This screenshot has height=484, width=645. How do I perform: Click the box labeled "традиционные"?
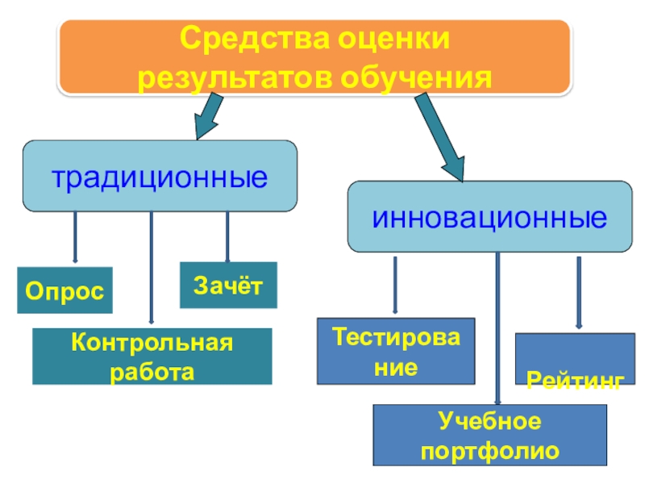(x=160, y=176)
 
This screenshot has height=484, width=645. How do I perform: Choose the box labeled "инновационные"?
(x=489, y=217)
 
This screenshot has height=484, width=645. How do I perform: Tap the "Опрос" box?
(x=64, y=290)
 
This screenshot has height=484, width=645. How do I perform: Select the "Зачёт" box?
(x=228, y=285)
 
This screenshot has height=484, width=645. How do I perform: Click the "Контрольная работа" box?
(x=152, y=356)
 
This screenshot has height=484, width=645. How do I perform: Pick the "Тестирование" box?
(x=395, y=351)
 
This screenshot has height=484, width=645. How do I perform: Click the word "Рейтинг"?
(x=575, y=379)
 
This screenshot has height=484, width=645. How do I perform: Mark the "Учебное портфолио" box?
(x=489, y=436)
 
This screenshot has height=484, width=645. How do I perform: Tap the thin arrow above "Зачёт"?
(x=227, y=236)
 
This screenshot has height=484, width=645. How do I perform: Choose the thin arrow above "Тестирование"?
(x=395, y=285)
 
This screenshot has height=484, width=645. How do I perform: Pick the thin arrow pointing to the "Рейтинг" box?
(x=577, y=292)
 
